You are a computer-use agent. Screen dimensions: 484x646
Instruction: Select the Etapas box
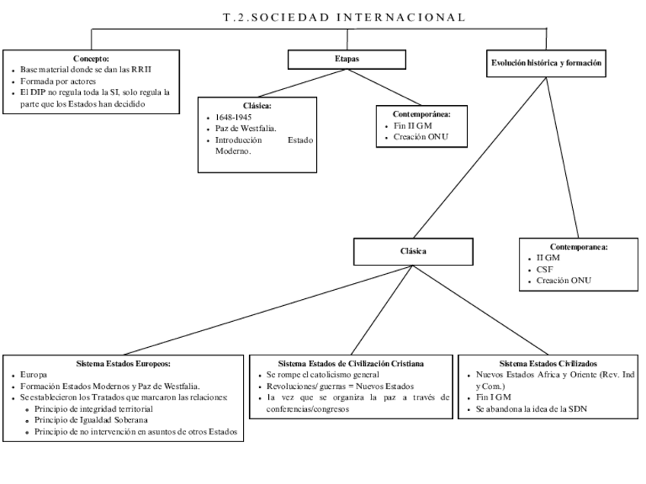(347, 59)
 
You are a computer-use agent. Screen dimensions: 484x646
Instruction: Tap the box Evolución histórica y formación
(546, 64)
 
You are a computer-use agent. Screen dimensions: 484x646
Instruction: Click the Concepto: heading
(91, 58)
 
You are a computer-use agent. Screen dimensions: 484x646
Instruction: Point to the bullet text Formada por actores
(58, 81)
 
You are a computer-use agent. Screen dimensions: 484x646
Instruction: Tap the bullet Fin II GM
(414, 126)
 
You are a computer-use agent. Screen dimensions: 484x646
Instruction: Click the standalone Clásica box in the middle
(413, 250)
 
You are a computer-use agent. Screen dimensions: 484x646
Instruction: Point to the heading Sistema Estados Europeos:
(123, 364)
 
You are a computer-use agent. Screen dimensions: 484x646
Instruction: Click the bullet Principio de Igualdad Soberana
(91, 419)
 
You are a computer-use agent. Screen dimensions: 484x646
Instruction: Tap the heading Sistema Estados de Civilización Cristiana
(350, 364)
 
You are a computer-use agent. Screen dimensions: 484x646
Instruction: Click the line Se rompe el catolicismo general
(322, 375)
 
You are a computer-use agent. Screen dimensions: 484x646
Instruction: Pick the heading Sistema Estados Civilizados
(548, 364)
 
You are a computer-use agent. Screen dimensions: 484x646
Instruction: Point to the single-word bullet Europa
(34, 375)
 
